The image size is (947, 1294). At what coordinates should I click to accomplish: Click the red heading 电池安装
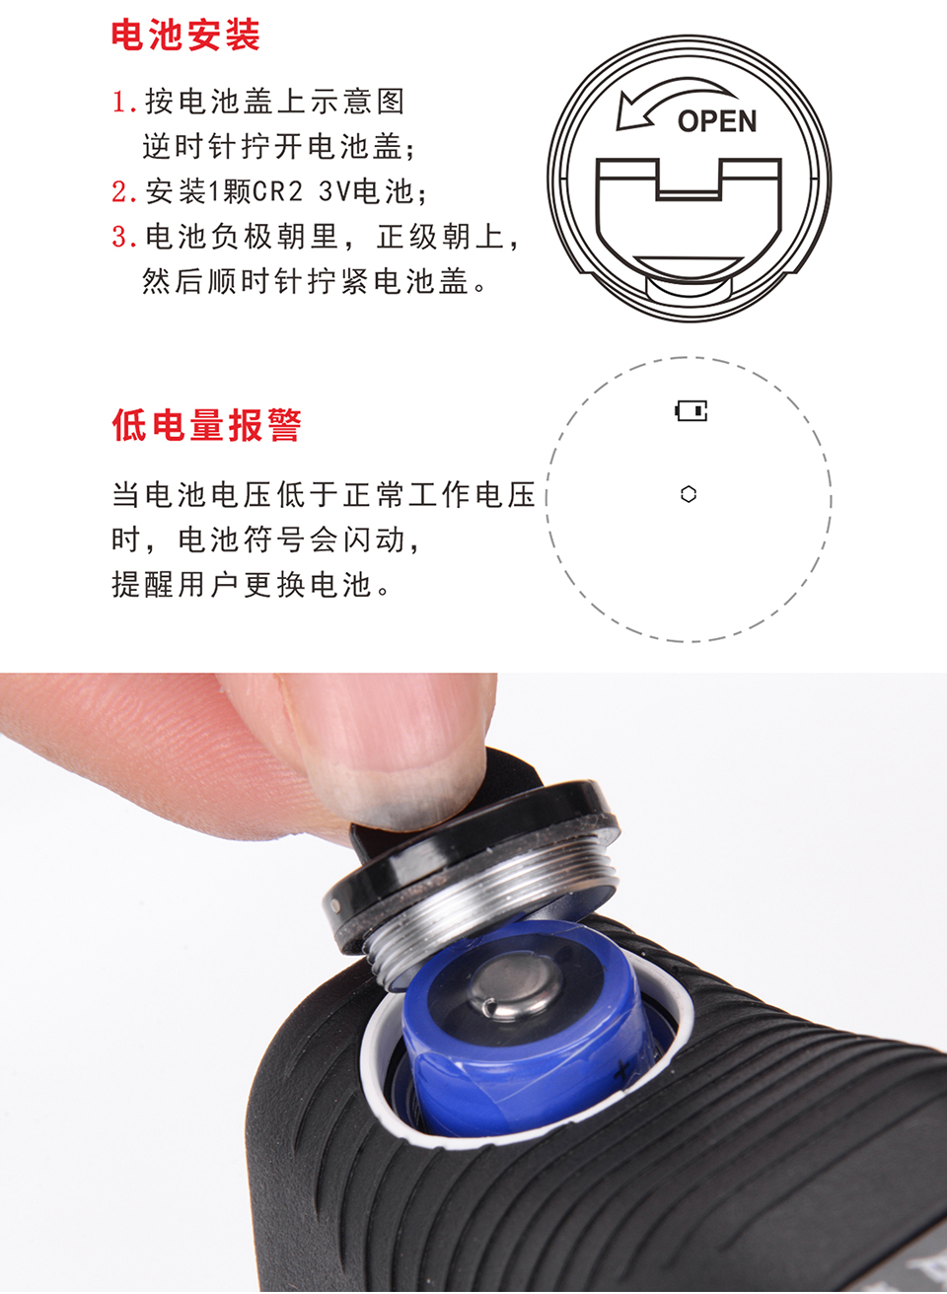point(185,36)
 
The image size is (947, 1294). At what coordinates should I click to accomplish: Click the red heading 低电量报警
point(207,425)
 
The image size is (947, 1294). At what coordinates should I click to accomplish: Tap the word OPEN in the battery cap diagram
point(716,121)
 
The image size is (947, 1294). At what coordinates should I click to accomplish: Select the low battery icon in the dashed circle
point(692,410)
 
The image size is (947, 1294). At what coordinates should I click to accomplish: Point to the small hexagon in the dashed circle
point(689,494)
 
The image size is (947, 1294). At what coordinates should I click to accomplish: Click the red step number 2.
point(123,191)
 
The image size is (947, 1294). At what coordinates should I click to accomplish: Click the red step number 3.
point(123,237)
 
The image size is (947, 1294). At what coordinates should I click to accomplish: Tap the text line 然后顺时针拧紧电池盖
point(305,282)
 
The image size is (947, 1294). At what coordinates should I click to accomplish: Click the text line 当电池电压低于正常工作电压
point(324,495)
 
